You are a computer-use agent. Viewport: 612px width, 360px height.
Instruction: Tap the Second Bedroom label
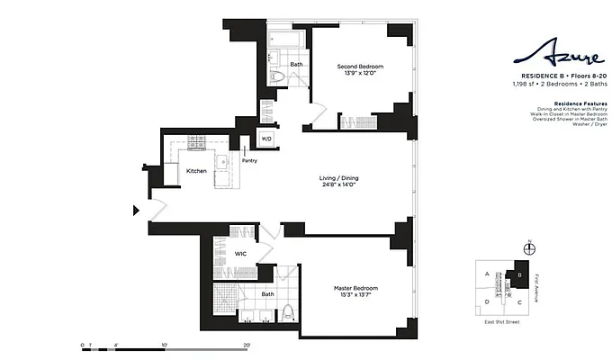[x=360, y=67]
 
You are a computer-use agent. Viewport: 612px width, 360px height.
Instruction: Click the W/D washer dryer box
[x=266, y=139]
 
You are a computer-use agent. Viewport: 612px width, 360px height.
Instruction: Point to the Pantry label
[x=249, y=161]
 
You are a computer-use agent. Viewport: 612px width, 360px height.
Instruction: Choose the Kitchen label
[x=196, y=170]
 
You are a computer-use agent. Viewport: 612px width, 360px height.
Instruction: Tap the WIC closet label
[x=240, y=254]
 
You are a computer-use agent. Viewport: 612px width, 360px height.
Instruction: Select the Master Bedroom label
[x=352, y=287]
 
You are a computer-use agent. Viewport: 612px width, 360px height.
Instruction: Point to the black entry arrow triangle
[x=137, y=211]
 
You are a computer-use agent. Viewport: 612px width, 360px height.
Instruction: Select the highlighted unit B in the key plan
[x=519, y=275]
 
